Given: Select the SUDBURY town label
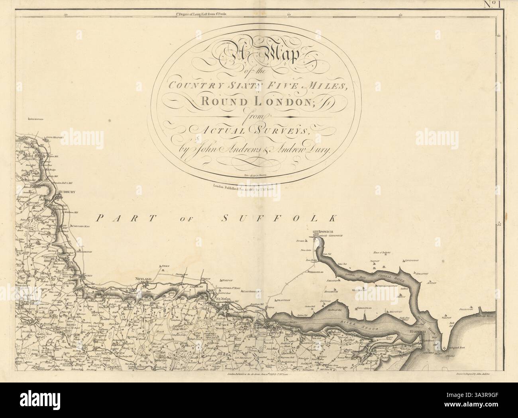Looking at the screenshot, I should coord(67,192).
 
